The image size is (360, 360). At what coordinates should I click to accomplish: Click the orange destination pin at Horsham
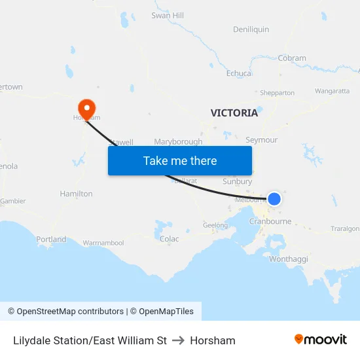coord(86,108)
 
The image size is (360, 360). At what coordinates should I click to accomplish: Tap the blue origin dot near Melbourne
coord(274,198)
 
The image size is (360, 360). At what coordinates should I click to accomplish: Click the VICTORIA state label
coord(234,113)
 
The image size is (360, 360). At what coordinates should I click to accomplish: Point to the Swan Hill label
coord(168,15)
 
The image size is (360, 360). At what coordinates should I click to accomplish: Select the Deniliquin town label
coord(251,29)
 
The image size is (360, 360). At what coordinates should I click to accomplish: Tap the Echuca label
coord(238,73)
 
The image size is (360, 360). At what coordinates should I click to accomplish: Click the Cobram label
coord(292,58)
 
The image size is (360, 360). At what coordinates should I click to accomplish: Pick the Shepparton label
coord(277,93)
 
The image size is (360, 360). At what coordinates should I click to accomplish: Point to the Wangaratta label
coord(332,91)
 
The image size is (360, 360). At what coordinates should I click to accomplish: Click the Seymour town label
coord(261,140)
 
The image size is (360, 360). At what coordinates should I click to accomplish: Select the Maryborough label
coord(178,141)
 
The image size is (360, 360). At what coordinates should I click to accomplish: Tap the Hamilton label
coord(76,194)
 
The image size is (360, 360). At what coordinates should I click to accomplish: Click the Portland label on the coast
coord(51,240)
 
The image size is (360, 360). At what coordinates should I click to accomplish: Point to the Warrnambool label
coord(103,243)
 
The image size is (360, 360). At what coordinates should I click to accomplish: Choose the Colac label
coord(169,239)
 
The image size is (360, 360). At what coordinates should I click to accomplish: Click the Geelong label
coord(215,225)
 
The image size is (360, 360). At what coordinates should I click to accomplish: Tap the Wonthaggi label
coord(288,259)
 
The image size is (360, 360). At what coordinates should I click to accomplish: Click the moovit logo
coord(321,340)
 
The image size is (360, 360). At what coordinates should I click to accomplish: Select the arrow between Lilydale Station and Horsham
coord(179,340)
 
